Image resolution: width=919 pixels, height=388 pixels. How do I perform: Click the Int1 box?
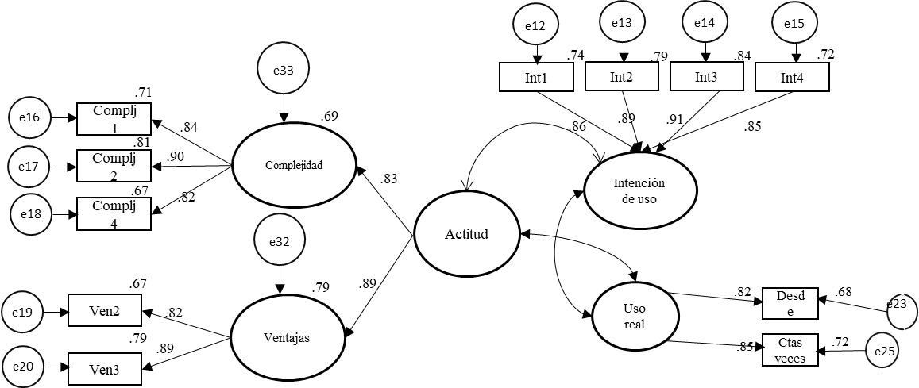pos(536,78)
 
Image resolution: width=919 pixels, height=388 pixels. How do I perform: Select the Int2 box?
pos(621,77)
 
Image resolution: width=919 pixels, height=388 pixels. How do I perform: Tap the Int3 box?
pos(706,77)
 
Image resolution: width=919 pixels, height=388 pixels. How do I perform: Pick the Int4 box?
pos(792,78)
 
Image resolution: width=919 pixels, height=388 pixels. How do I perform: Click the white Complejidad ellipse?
pos(294,165)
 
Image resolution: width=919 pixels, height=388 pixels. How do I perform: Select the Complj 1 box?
pos(114,119)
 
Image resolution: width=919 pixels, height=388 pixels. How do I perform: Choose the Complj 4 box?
pos(114,214)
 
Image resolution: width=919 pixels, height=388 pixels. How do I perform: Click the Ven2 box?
pos(105,311)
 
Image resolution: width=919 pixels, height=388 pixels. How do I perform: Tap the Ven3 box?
pos(105,369)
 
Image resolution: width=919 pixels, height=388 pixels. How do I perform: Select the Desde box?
pos(790,304)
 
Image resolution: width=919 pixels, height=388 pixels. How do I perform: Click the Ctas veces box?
pos(790,350)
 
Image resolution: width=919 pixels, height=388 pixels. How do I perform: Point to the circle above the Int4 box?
pos(796,23)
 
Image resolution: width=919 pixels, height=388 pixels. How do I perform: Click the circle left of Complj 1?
pos(30,118)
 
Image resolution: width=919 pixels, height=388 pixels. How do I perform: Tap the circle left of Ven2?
pos(21,312)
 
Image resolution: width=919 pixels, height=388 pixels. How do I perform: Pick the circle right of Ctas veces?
pos(881,350)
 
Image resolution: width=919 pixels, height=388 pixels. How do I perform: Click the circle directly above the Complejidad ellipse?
pos(283,67)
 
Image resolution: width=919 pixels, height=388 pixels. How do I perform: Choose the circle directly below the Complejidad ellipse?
pos(280,240)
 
